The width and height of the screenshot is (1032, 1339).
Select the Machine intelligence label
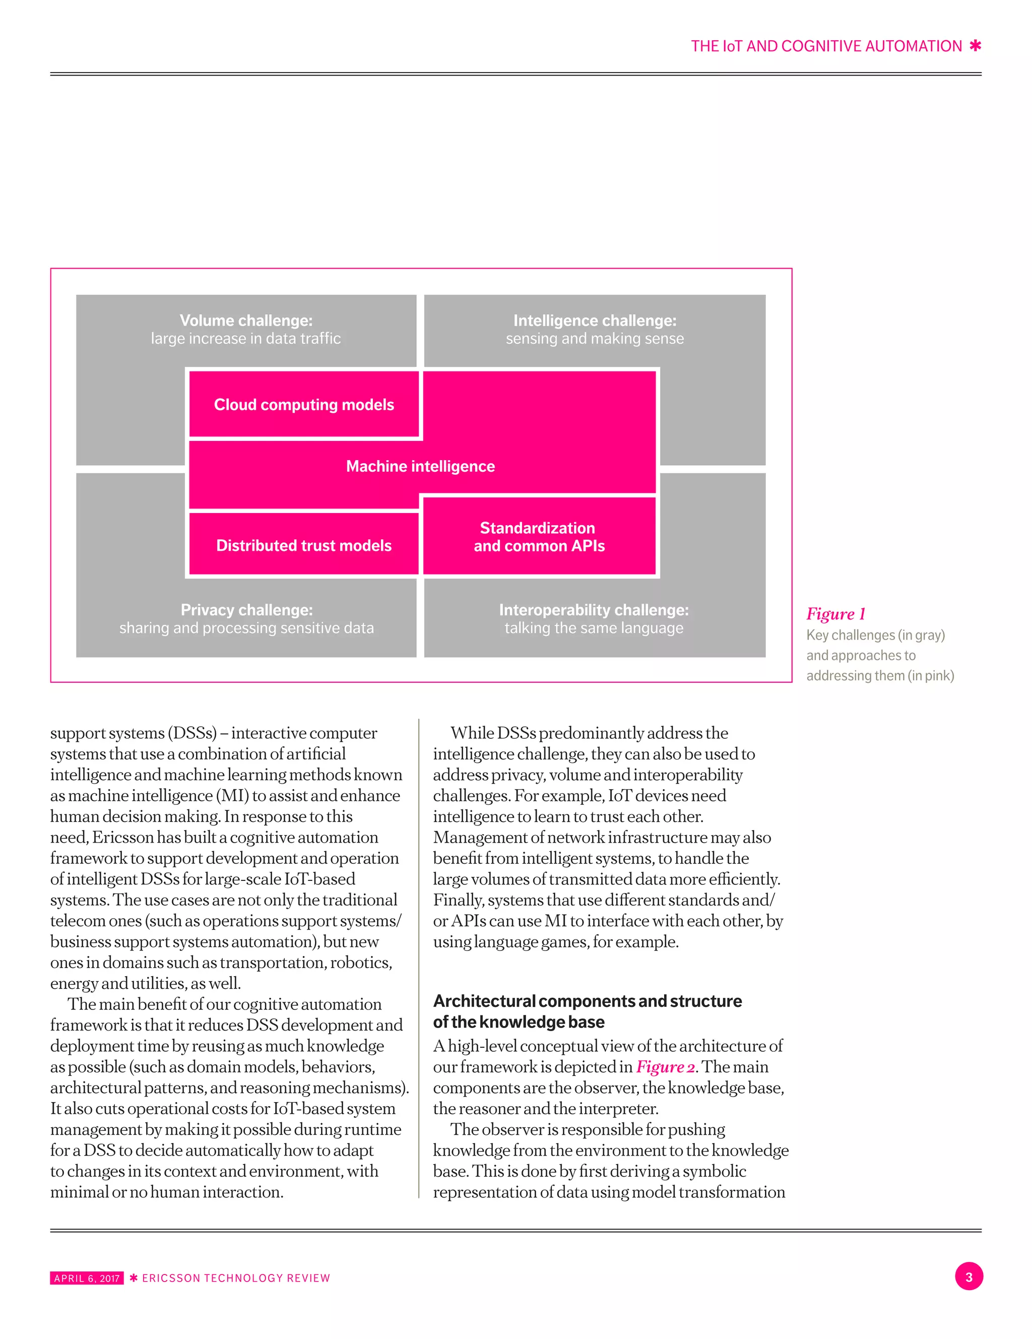point(420,467)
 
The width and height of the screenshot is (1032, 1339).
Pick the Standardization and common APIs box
point(539,537)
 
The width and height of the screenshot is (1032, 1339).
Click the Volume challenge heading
point(246,321)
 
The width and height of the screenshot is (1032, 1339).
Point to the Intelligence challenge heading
point(594,321)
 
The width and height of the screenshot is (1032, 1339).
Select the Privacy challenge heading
point(246,610)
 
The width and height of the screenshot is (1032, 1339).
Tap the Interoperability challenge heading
point(594,610)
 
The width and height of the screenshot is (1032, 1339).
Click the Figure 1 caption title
point(835,614)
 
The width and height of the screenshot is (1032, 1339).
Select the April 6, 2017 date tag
point(87,1279)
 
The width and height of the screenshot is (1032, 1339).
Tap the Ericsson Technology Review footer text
point(236,1279)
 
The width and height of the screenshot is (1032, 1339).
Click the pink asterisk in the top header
point(975,46)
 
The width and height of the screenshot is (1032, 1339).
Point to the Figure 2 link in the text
point(665,1067)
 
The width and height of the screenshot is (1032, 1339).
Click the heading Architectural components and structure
point(587,1001)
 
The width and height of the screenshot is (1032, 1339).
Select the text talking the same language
point(594,628)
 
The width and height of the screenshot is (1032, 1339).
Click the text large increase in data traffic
point(246,339)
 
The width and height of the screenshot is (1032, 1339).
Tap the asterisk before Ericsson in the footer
point(133,1279)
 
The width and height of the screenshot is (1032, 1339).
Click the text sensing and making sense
point(594,339)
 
